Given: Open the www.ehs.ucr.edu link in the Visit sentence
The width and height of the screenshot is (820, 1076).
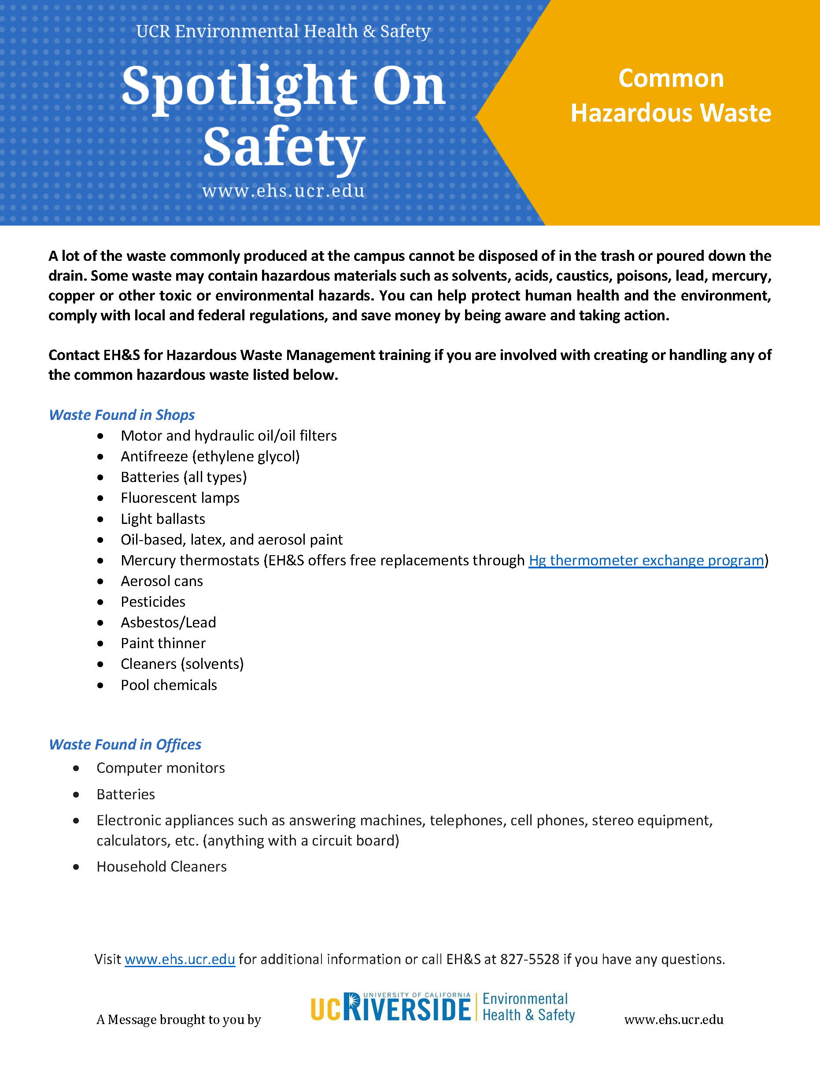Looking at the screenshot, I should (x=180, y=959).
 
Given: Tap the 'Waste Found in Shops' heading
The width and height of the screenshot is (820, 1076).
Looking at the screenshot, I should (x=122, y=415).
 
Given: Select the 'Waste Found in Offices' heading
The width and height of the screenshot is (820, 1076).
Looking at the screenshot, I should (x=125, y=744).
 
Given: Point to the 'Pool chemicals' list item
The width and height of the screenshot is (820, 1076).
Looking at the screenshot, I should (x=168, y=685).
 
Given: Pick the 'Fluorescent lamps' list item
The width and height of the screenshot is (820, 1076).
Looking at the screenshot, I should (x=180, y=498).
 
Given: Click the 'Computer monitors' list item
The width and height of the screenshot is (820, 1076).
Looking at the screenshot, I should (x=161, y=768).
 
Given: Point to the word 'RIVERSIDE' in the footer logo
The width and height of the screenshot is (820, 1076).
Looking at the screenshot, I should (x=407, y=1009).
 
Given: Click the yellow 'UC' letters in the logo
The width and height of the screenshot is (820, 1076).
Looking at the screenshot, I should (x=325, y=1010).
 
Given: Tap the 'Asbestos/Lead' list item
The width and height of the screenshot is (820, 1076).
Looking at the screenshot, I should (x=168, y=622).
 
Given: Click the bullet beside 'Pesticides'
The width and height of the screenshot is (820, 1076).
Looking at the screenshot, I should (x=100, y=602).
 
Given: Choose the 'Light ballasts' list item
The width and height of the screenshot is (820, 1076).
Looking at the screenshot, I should (x=163, y=519).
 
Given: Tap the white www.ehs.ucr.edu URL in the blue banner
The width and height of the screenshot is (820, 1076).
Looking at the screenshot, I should (x=283, y=190).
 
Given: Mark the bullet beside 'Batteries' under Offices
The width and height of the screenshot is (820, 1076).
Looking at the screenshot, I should (x=76, y=795).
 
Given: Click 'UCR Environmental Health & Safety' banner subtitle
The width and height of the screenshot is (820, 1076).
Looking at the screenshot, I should (x=283, y=31).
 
